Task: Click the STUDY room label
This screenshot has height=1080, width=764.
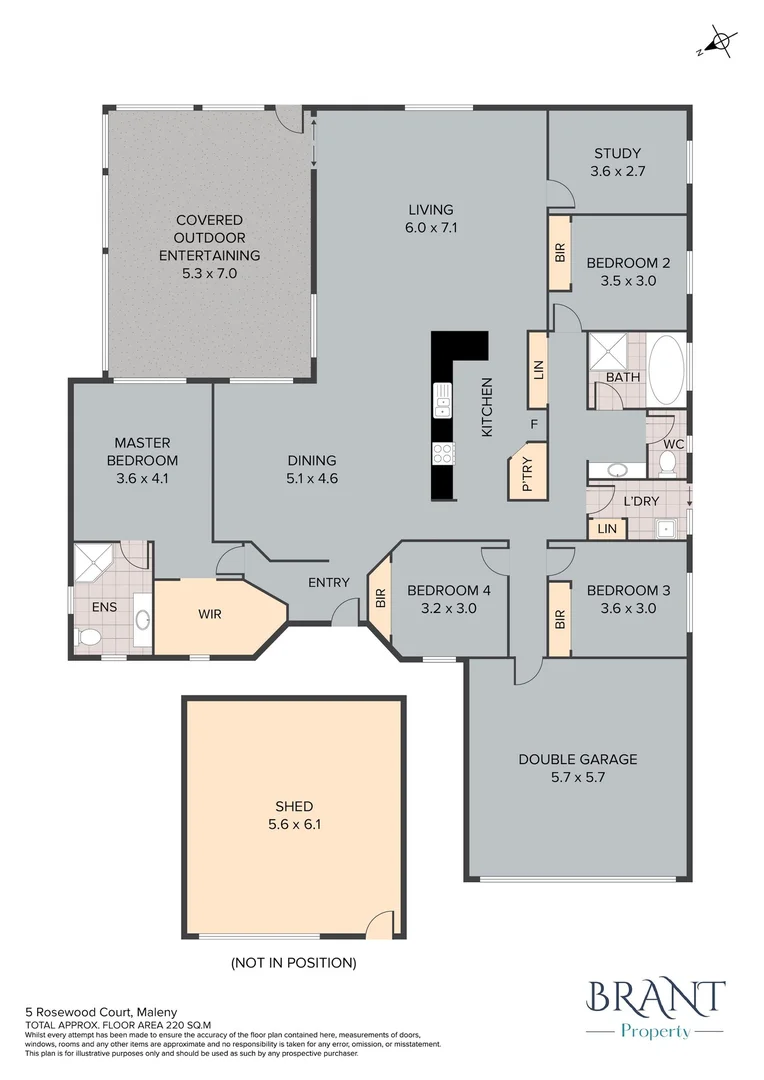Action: [617, 153]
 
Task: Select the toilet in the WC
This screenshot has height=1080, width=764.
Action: [668, 462]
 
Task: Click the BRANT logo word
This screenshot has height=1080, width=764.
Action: [656, 998]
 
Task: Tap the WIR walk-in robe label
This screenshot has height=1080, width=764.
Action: [209, 614]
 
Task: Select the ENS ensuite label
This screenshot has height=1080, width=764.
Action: [104, 606]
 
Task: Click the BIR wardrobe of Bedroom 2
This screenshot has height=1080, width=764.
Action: [559, 253]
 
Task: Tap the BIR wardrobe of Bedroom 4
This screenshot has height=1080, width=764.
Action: [380, 599]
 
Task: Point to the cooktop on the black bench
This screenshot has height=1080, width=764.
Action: [441, 453]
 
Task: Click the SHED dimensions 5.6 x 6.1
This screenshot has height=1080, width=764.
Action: [294, 825]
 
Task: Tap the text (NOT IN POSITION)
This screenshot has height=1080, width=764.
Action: [294, 963]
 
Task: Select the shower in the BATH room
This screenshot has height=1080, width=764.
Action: [606, 352]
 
